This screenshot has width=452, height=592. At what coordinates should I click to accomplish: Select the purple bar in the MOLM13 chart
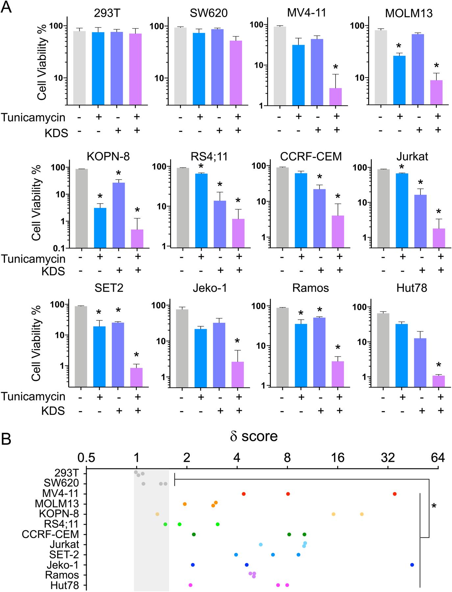point(437,93)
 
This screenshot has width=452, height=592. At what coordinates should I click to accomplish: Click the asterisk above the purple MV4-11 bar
point(336,67)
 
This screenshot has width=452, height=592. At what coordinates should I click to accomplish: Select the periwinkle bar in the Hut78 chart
point(420,362)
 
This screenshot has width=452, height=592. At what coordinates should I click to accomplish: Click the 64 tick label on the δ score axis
point(437,458)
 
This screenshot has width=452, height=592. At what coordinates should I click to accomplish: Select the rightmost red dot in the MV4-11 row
point(394,494)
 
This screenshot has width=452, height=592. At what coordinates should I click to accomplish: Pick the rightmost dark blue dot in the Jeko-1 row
point(412,565)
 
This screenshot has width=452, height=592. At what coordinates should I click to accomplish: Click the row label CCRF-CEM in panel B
point(50,534)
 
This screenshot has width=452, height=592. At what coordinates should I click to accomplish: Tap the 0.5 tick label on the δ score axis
point(86,458)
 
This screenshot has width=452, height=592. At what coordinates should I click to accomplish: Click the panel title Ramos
point(311,288)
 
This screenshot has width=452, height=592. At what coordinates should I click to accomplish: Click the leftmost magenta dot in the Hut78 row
point(190,585)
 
